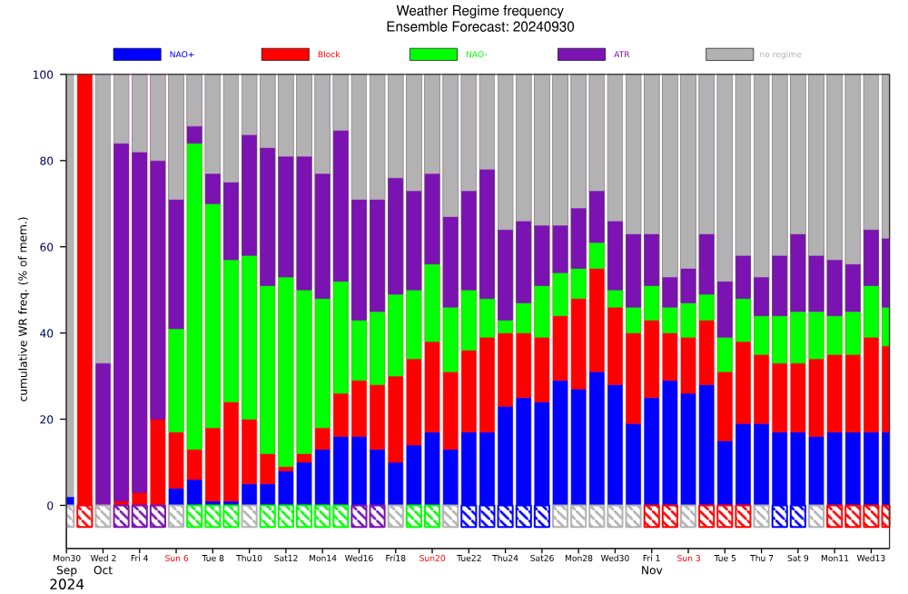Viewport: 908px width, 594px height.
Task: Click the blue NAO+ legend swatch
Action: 137,54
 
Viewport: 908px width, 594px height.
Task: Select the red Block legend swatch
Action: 285,54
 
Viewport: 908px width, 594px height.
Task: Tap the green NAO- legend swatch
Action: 433,54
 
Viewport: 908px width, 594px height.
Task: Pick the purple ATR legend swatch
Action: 581,54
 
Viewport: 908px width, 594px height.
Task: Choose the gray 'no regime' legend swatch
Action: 729,54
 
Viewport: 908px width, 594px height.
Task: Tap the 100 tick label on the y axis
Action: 44,74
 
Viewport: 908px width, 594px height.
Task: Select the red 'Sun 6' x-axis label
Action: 176,558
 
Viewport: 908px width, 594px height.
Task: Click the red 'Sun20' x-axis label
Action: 432,558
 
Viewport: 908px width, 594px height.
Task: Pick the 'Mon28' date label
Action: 578,558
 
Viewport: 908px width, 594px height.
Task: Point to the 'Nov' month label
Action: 651,570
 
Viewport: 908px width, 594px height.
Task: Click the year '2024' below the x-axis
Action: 66,585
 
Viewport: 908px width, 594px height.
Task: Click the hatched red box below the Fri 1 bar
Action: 651,516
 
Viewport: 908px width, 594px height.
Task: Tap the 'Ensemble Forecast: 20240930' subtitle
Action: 479,27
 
